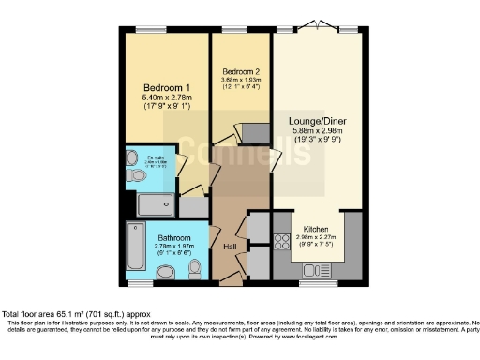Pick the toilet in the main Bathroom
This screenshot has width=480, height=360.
pos(195,269)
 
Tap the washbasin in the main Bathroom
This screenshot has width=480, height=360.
pos(166,272)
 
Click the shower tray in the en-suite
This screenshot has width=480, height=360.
pos(155,205)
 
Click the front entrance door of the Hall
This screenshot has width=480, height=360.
pos(227,278)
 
